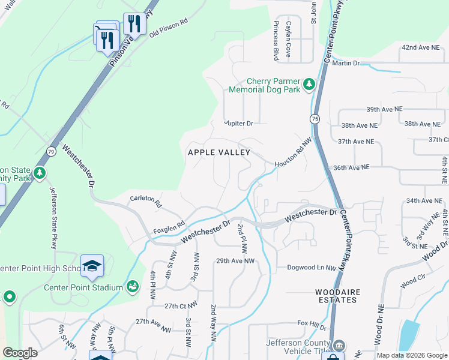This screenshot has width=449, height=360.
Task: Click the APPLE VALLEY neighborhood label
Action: pyautogui.click(x=219, y=152)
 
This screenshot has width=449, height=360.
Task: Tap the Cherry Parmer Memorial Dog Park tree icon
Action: pyautogui.click(x=309, y=84)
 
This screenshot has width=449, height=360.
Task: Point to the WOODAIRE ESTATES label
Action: pyautogui.click(x=338, y=296)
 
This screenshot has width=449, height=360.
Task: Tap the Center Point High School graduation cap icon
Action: pyautogui.click(x=92, y=266)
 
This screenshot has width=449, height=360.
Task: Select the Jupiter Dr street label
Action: pyautogui.click(x=239, y=123)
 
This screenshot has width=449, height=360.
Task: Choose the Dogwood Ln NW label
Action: pyautogui.click(x=309, y=267)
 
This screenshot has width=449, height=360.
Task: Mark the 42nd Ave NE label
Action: pyautogui.click(x=421, y=47)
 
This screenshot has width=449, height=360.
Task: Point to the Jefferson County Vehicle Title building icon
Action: pyautogui.click(x=340, y=346)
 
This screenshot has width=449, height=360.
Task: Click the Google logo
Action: pyautogui.click(x=20, y=353)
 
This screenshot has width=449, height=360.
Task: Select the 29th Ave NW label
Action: pyautogui.click(x=235, y=261)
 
